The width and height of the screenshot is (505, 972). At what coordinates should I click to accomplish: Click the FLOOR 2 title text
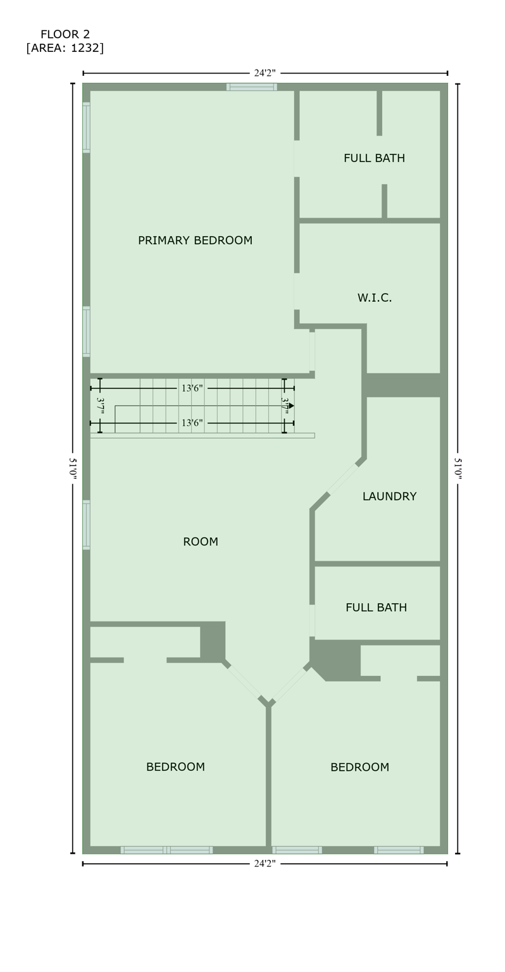[x=65, y=34]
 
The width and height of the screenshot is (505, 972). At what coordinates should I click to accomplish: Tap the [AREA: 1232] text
[x=65, y=48]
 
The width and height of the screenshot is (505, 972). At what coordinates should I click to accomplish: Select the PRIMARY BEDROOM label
[x=195, y=240]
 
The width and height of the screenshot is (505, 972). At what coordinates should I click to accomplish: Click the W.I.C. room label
[x=374, y=297]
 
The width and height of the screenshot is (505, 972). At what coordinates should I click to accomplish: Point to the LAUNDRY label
[x=389, y=497]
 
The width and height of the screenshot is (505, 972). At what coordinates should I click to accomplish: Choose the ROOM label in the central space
[x=200, y=542]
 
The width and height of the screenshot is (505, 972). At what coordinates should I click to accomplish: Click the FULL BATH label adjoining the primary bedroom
[x=374, y=158]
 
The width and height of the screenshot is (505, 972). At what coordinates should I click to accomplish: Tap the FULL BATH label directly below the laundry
[x=376, y=607]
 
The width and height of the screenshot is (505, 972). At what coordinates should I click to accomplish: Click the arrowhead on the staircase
[x=291, y=406]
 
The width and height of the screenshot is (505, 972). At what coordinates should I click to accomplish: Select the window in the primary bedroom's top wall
[x=251, y=87]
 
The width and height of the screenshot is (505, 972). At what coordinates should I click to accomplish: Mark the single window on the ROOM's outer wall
[x=86, y=525]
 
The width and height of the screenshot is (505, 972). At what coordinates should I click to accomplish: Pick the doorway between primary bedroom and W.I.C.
[x=296, y=291]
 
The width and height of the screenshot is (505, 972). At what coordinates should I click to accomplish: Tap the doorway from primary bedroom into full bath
[x=296, y=158]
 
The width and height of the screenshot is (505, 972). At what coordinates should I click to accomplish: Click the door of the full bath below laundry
[x=312, y=620]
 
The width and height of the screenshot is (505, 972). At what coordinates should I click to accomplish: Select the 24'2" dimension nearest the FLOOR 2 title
[x=265, y=73]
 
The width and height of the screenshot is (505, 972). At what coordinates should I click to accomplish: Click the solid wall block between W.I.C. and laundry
[x=402, y=385]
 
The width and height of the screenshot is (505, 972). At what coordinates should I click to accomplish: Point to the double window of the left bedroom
[x=166, y=850]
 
